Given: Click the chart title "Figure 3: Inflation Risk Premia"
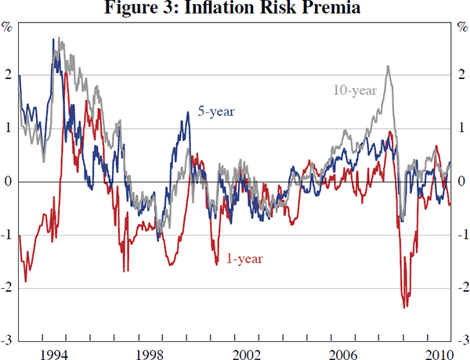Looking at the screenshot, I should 235,9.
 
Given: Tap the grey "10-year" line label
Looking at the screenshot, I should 355,90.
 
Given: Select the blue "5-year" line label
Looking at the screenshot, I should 215,112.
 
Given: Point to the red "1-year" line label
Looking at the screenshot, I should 245,258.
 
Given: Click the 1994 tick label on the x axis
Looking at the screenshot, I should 53,352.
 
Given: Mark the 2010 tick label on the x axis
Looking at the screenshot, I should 436,352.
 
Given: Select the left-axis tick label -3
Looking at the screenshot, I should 6,340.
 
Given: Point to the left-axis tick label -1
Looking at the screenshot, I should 6,235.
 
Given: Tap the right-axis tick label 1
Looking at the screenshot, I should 462,128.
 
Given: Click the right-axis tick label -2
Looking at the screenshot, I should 463,288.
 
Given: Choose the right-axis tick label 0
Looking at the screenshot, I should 462,182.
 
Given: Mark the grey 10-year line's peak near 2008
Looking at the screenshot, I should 389,67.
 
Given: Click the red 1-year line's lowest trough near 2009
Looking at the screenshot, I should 405,308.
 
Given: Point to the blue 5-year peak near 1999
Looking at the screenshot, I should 188,113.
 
